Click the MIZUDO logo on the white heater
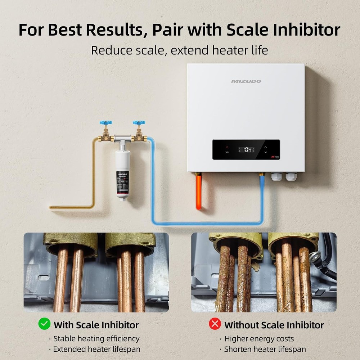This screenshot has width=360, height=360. tap(246, 81)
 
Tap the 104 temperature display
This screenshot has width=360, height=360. tap(248, 149)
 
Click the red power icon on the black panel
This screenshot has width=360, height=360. tap(227, 148)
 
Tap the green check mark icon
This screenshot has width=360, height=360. tap(44, 324)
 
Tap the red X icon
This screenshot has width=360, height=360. tap(215, 324)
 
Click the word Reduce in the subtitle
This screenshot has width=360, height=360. tap(108, 50)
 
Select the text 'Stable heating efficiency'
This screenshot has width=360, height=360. tap(96, 339)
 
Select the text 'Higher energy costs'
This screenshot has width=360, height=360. tap(259, 339)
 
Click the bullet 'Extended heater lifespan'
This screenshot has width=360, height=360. tap(96, 349)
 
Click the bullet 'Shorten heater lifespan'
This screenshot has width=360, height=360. tap(265, 349)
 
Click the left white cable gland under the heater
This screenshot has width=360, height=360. tap(277, 176)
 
